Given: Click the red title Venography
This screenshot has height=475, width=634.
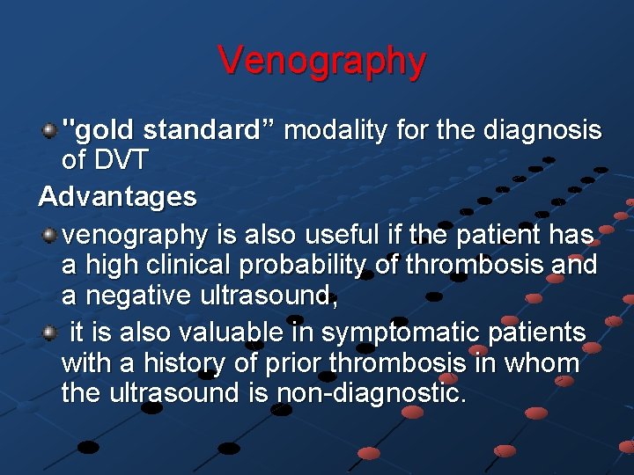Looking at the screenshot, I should pos(322,62).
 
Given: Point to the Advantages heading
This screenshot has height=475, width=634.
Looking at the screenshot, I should pos(118,197).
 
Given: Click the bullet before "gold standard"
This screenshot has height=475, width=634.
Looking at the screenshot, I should pos(50,131).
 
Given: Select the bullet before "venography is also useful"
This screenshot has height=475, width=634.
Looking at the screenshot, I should pos(50,235).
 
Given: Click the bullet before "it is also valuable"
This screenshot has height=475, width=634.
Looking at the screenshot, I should pos(50,332).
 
